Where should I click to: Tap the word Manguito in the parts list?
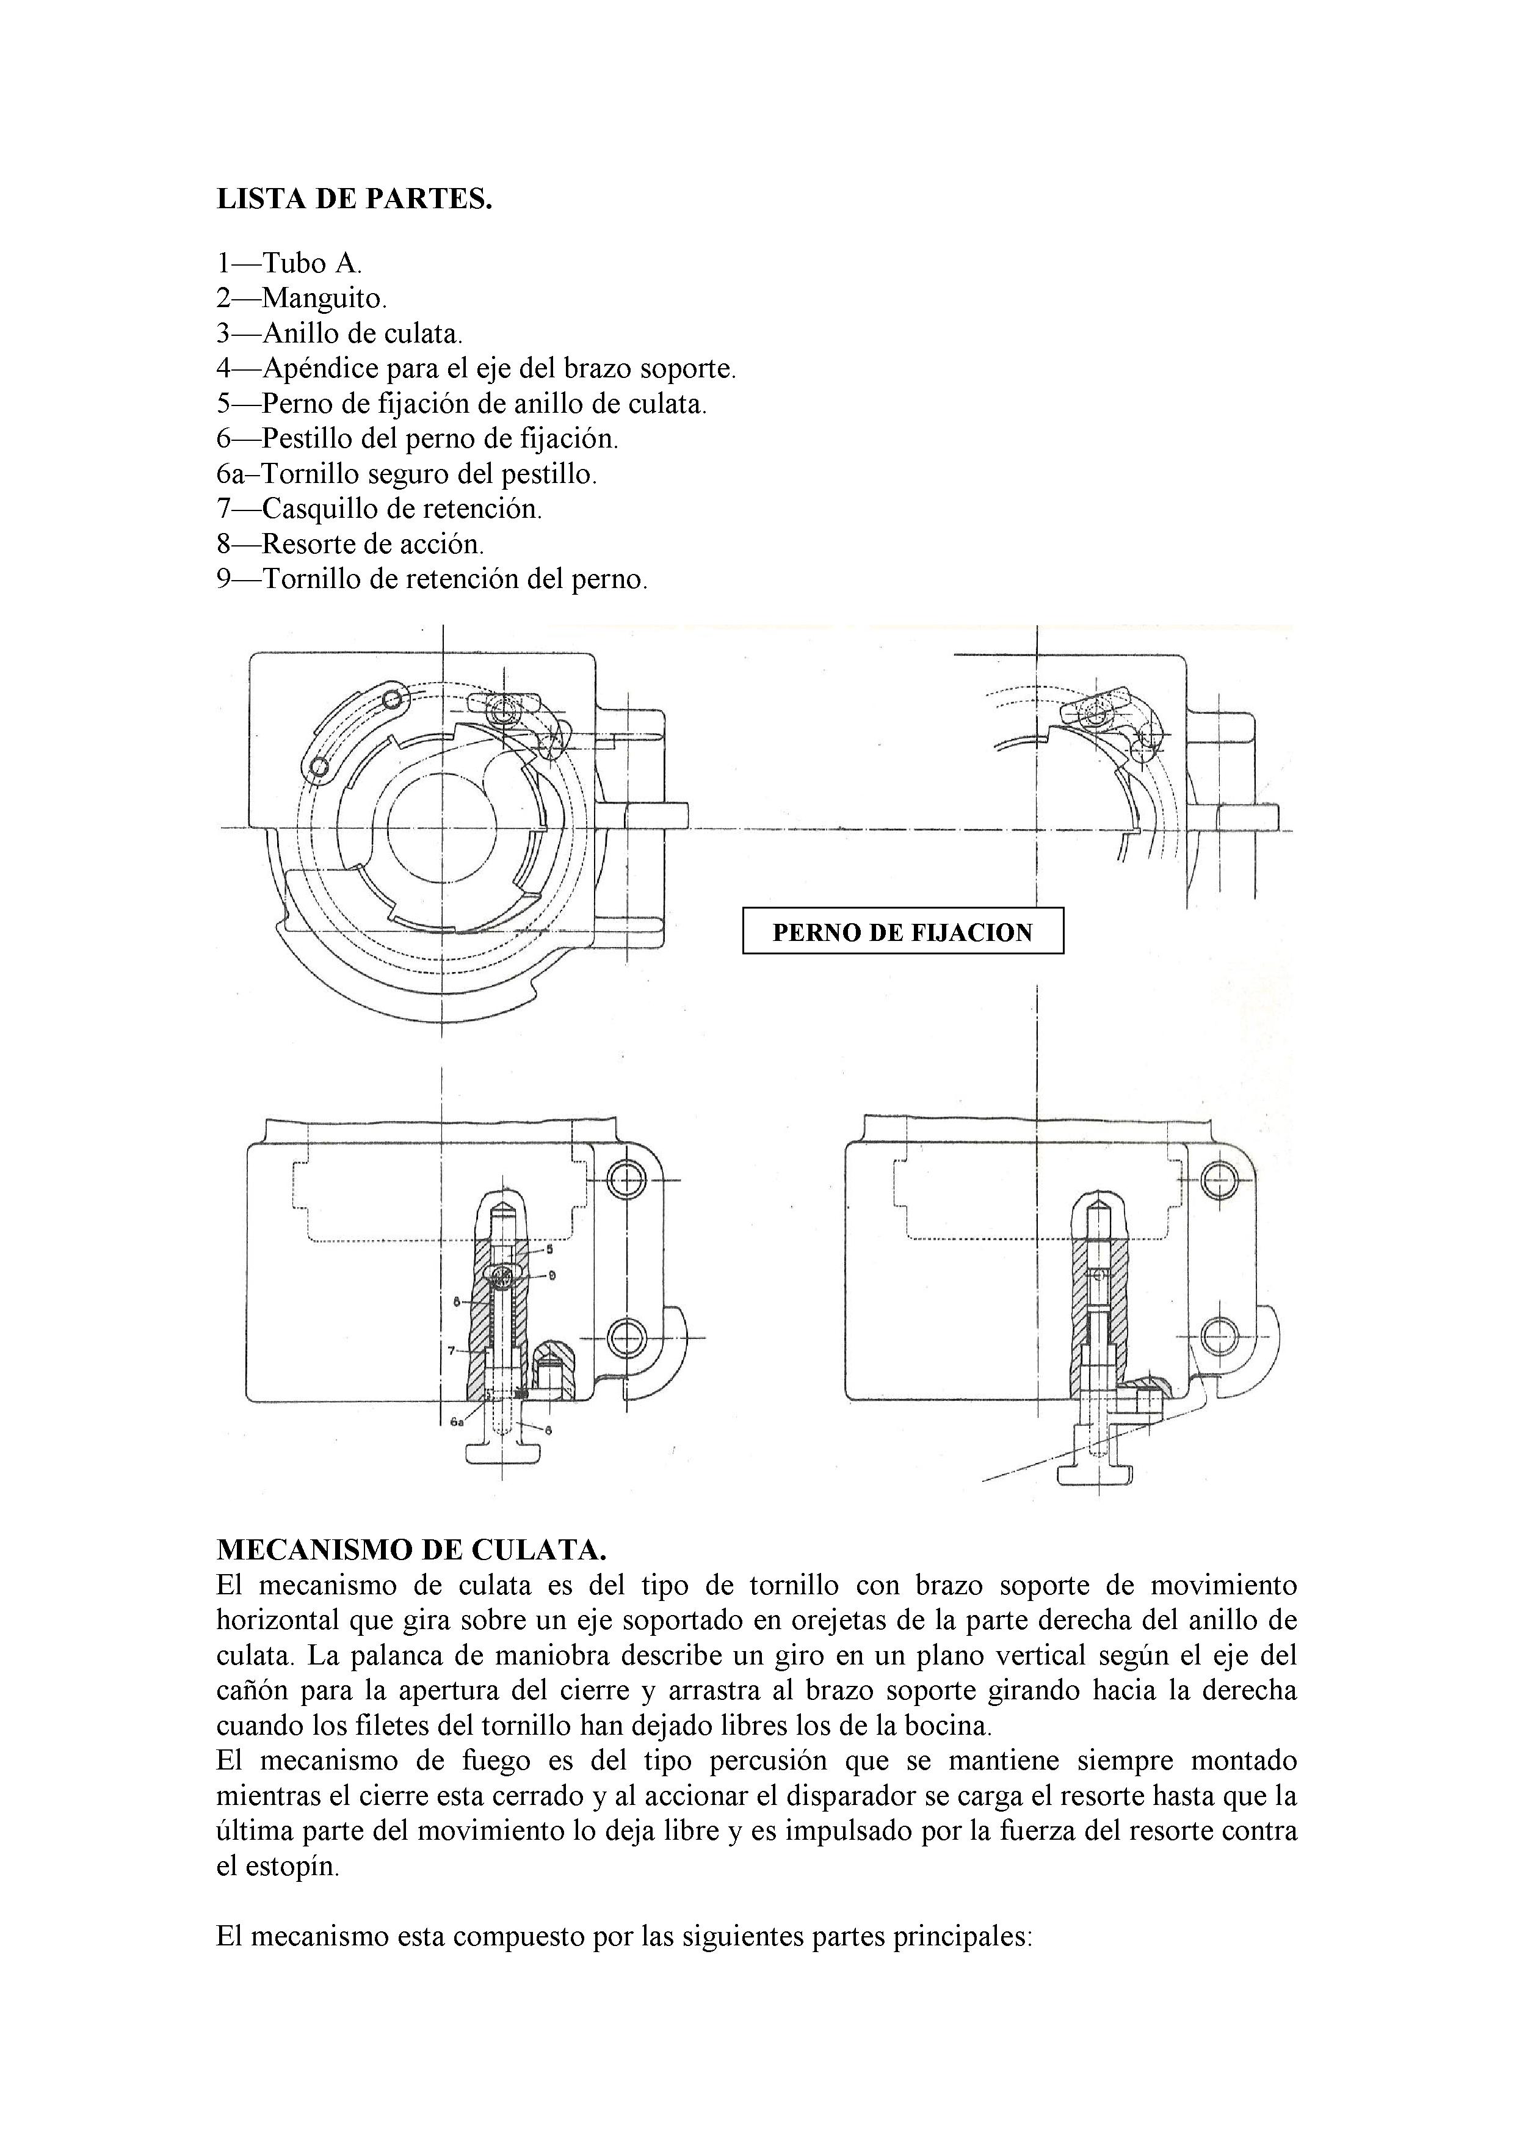coord(323,299)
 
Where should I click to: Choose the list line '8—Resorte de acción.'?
coord(350,544)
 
